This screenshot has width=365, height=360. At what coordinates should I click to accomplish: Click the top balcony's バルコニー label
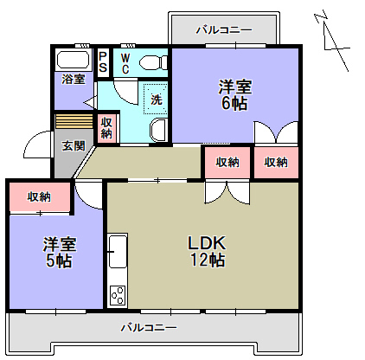pyautogui.click(x=224, y=29)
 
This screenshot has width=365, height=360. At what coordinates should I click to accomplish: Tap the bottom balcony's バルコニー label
pyautogui.click(x=148, y=328)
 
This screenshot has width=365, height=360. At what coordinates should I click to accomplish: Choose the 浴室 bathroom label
pyautogui.click(x=73, y=80)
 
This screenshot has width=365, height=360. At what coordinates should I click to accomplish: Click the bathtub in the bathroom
pyautogui.click(x=72, y=61)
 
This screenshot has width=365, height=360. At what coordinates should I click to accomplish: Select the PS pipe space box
pyautogui.click(x=103, y=61)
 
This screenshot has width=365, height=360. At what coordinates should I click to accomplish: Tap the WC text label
pyautogui.click(x=125, y=61)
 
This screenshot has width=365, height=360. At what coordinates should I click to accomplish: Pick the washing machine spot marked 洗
pyautogui.click(x=156, y=99)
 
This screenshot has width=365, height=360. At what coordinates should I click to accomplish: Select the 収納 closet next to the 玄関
pyautogui.click(x=106, y=128)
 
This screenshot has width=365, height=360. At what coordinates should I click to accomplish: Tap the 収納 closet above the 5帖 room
pyautogui.click(x=38, y=196)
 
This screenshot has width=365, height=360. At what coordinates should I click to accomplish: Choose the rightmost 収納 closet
pyautogui.click(x=276, y=162)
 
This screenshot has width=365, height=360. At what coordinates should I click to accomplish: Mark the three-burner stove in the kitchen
pyautogui.click(x=117, y=295)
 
